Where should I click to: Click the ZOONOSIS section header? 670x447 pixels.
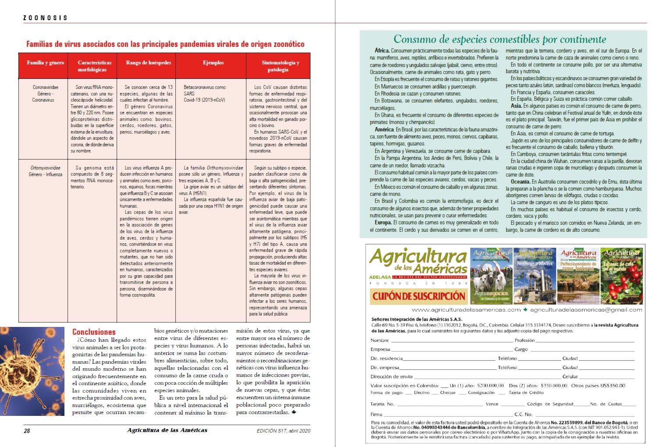45,18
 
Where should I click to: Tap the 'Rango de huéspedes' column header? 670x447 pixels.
148,63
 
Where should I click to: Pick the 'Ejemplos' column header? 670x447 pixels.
213,63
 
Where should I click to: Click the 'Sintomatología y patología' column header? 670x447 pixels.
280,66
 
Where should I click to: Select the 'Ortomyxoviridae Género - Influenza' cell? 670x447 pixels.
45,171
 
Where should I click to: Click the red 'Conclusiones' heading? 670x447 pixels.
94,332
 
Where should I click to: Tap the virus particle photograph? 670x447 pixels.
32,371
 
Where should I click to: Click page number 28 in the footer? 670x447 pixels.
27,431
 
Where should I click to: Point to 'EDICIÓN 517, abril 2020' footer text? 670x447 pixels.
283,431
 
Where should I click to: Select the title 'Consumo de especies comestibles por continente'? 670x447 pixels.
499,39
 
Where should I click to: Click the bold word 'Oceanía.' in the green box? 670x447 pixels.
520,182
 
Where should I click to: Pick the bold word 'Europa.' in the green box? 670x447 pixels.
383,223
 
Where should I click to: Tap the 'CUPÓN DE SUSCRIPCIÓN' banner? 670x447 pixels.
419,296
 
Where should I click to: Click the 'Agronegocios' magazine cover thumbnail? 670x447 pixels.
491,277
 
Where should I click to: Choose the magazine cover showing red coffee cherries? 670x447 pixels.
621,277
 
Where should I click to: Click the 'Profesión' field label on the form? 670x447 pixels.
524,341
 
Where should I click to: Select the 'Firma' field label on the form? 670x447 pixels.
376,414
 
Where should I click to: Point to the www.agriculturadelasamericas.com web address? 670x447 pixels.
466,310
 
